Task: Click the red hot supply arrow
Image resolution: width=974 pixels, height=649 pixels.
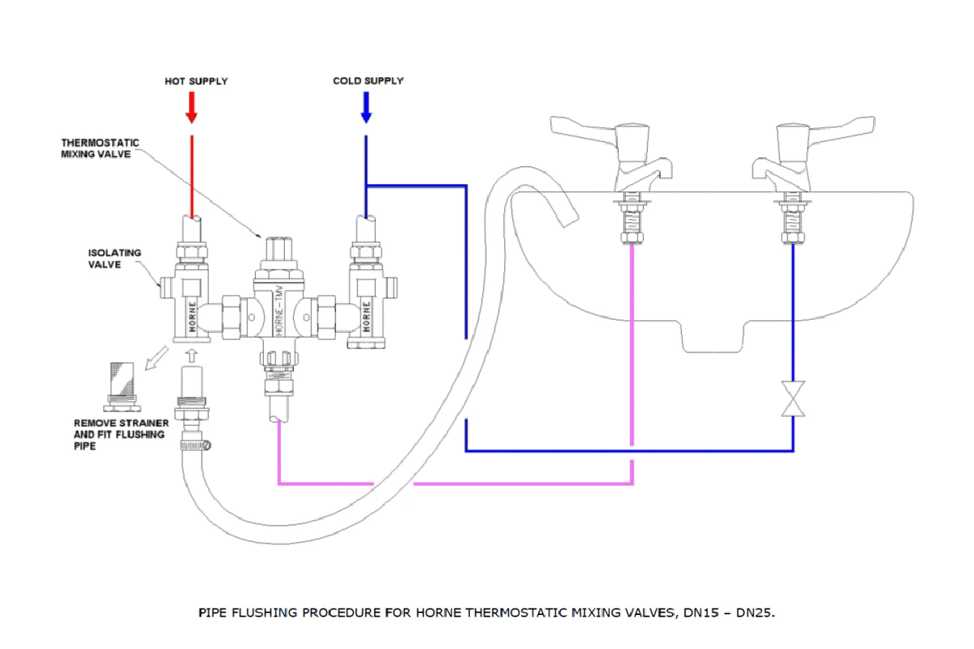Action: click(x=192, y=106)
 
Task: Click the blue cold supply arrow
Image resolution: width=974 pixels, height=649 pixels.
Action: click(x=366, y=106)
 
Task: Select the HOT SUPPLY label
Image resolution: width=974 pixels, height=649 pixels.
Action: click(x=196, y=81)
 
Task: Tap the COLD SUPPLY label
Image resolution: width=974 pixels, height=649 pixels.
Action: click(x=368, y=81)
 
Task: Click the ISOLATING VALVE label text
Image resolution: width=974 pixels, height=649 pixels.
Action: click(x=114, y=259)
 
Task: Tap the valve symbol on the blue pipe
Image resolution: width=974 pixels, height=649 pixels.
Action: click(x=793, y=400)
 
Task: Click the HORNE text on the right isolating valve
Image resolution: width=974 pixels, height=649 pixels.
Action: click(x=366, y=316)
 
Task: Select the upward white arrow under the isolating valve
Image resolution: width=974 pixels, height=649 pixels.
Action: click(x=192, y=355)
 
